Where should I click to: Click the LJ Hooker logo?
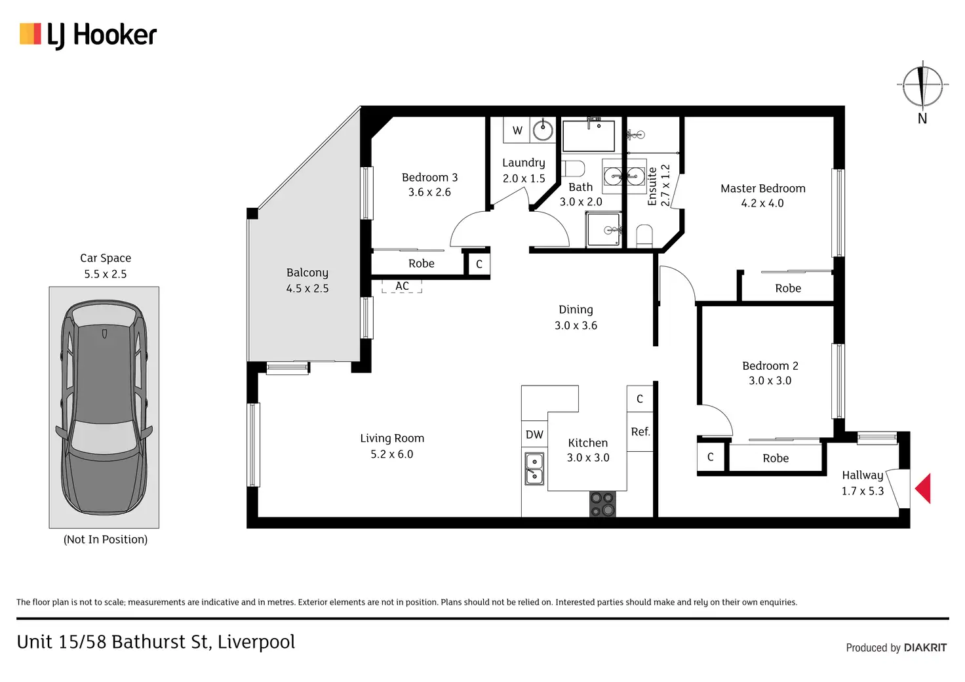pyautogui.click(x=88, y=35)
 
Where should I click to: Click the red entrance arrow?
pyautogui.click(x=923, y=488)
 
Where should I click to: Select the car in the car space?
pyautogui.click(x=104, y=407)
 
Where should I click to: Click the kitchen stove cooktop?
pyautogui.click(x=602, y=504)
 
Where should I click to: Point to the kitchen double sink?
pyautogui.click(x=534, y=469)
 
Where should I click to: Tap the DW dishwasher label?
pyautogui.click(x=534, y=434)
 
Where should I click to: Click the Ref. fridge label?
pyautogui.click(x=640, y=431)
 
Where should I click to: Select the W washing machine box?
pyautogui.click(x=517, y=130)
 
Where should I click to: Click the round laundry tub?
pyautogui.click(x=543, y=130)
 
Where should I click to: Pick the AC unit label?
pyautogui.click(x=402, y=286)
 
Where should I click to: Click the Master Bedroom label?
pyautogui.click(x=763, y=188)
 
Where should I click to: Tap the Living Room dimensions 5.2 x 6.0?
pyautogui.click(x=392, y=454)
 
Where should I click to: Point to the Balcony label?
pyautogui.click(x=307, y=273)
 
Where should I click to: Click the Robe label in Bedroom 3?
pyautogui.click(x=422, y=263)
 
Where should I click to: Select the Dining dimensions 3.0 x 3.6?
pyautogui.click(x=576, y=325)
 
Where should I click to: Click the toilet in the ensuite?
pyautogui.click(x=644, y=235)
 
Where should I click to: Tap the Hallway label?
pyautogui.click(x=863, y=475)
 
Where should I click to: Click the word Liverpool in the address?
pyautogui.click(x=256, y=642)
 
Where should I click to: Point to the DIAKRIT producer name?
pyautogui.click(x=926, y=647)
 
